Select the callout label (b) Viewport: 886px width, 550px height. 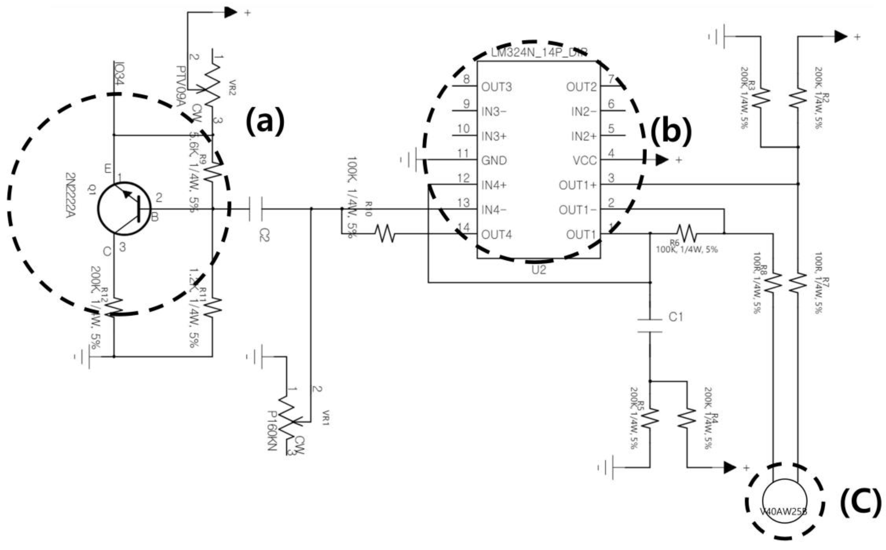(x=671, y=131)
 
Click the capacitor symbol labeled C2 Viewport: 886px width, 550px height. (x=256, y=209)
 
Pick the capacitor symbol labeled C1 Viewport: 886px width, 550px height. (x=650, y=326)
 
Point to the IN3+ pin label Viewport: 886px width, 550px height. (x=494, y=136)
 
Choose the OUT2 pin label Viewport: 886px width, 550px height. (x=581, y=87)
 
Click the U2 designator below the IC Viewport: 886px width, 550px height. (x=539, y=270)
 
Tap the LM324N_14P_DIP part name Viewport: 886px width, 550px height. (x=539, y=52)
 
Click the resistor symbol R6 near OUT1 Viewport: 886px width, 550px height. (x=686, y=234)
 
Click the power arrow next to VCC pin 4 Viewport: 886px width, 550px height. (x=662, y=160)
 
